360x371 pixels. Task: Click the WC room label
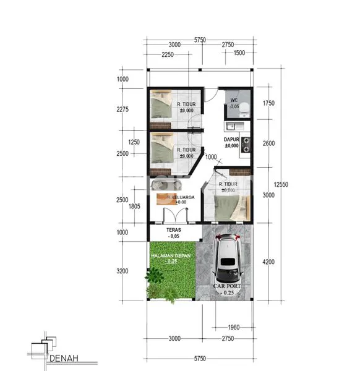tap(234, 100)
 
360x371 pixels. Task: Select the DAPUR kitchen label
tap(232, 140)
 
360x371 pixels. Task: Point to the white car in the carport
tap(229, 260)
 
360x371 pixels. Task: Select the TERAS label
tap(174, 230)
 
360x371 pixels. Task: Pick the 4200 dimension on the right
tap(268, 262)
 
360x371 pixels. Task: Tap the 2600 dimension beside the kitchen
tap(268, 143)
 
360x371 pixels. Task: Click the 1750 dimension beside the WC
tap(268, 103)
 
